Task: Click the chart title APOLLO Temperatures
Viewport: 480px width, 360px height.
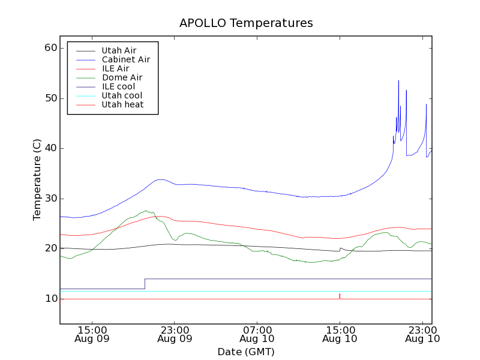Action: click(246, 23)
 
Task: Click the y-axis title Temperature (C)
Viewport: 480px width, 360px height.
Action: click(37, 179)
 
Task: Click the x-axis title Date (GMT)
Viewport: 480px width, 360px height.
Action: click(246, 352)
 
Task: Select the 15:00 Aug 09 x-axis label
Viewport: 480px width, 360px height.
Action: click(92, 334)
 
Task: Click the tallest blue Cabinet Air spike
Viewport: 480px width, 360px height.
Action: click(398, 81)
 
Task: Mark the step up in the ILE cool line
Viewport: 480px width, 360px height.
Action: click(145, 284)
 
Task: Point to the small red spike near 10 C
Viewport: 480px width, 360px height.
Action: click(340, 295)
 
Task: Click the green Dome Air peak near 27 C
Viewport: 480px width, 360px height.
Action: click(146, 211)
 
